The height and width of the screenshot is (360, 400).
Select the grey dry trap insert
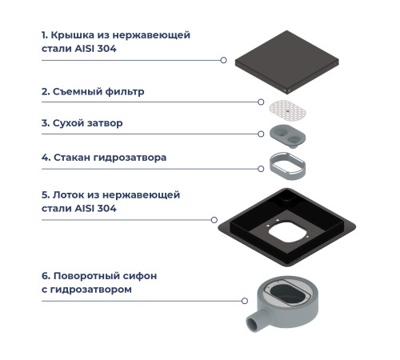(290, 134)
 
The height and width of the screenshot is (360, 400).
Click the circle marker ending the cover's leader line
(223, 60)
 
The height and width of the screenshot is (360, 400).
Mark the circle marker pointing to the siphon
(245, 301)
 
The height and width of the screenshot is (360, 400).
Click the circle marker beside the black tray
(213, 219)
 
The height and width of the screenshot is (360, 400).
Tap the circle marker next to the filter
(262, 102)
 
